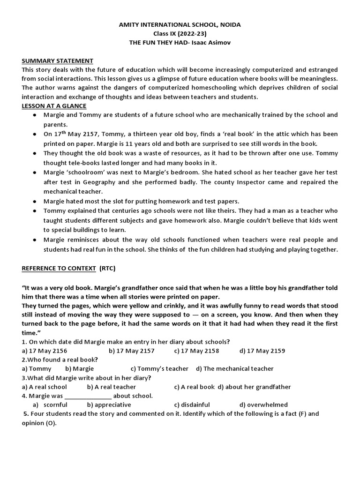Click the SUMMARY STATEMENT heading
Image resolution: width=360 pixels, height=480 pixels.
tap(58, 61)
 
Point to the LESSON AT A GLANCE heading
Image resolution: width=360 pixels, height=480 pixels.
tap(54, 106)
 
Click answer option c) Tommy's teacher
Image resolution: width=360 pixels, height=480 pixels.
tap(159, 368)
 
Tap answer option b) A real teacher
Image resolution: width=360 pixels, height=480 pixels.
tap(111, 387)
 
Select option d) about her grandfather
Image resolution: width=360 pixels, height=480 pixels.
tap(255, 387)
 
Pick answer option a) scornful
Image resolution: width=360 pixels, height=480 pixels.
tap(50, 405)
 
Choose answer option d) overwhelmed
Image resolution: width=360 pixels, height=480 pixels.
tap(263, 405)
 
